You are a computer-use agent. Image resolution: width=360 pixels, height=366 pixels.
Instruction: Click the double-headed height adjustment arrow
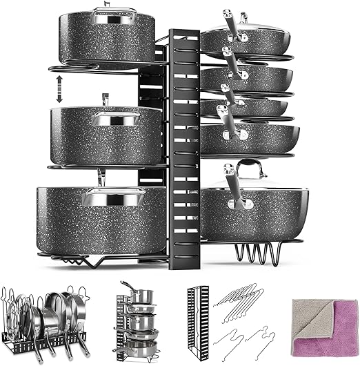click(59, 90)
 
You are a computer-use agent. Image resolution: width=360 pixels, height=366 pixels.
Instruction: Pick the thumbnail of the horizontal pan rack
click(42, 315)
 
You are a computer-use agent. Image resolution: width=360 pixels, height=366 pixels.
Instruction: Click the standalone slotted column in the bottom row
click(197, 318)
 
